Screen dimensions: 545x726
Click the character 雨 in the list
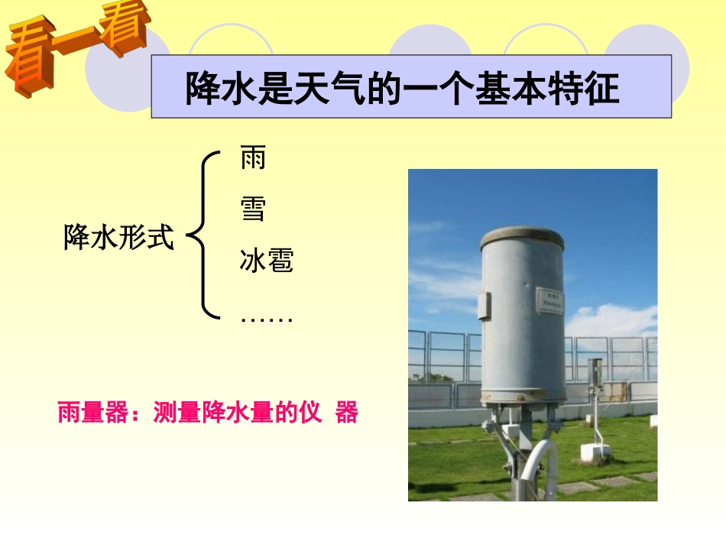pyautogui.click(x=253, y=159)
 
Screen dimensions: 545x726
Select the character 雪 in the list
pyautogui.click(x=253, y=209)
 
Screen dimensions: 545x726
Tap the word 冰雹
pyautogui.click(x=266, y=261)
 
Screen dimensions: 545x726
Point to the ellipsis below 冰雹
pyautogui.click(x=266, y=318)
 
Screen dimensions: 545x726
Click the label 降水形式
pyautogui.click(x=118, y=238)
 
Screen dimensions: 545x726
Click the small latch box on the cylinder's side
pyautogui.click(x=485, y=304)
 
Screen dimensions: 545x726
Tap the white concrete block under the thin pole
pyautogui.click(x=595, y=452)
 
